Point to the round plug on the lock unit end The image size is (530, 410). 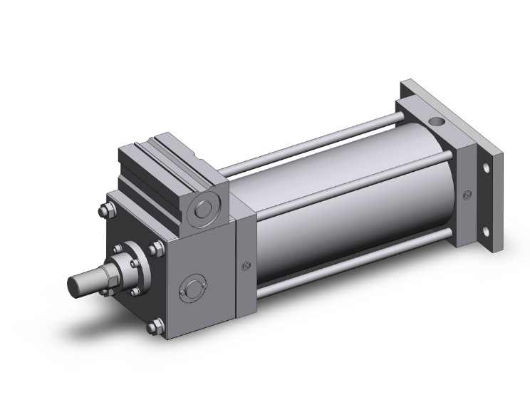tap(202, 209)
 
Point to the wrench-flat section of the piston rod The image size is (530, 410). tap(99, 275)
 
